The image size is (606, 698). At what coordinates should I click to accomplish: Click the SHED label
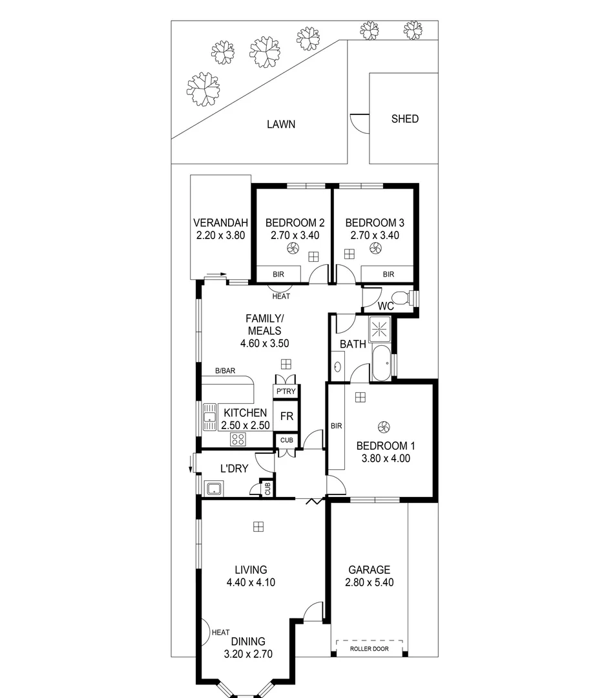click(405, 119)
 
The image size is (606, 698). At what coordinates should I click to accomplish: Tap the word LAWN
click(281, 124)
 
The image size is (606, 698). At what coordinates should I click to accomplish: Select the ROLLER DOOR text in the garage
click(369, 648)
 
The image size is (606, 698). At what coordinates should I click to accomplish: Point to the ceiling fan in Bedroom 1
click(384, 427)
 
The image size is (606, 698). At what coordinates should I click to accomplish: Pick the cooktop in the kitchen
click(238, 439)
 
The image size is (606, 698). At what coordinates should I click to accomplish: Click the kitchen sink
click(209, 417)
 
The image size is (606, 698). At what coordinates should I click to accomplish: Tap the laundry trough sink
click(214, 489)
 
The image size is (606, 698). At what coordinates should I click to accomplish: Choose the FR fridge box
click(286, 416)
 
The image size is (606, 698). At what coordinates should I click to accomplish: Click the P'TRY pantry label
click(286, 392)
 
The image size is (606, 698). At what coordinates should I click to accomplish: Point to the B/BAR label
click(225, 371)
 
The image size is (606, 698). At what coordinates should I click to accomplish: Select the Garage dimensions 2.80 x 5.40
click(369, 582)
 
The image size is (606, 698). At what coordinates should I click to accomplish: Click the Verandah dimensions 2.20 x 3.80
click(220, 236)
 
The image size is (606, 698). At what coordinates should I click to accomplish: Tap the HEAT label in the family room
click(281, 297)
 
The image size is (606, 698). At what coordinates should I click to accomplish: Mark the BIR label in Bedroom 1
click(336, 426)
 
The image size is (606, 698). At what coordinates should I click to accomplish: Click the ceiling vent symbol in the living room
click(258, 527)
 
